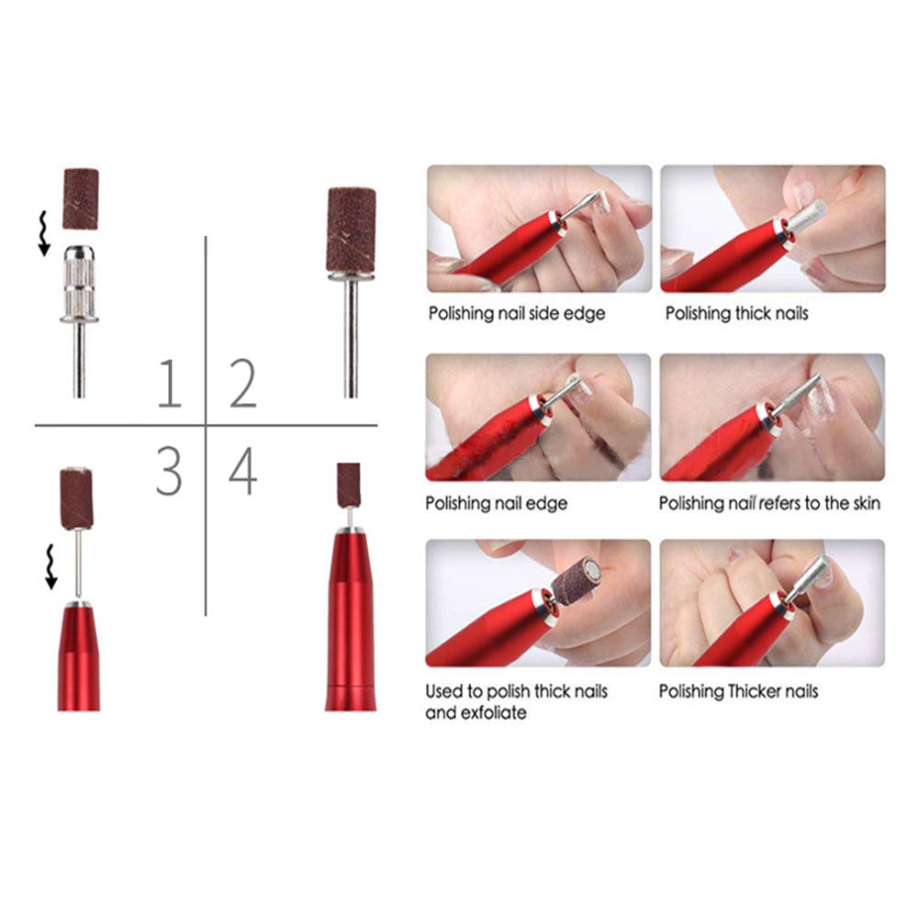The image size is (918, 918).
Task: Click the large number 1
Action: pos(171,384)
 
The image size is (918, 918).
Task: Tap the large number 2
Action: pos(243,384)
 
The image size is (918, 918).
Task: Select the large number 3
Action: pos(169,471)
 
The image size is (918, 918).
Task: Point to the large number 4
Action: pos(242,471)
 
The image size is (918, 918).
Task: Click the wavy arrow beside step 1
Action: pos(43,234)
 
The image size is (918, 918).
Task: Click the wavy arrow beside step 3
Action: pos(50,566)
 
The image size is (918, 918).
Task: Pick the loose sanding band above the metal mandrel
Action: pos(81,198)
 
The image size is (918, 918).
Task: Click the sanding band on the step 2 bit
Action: pos(351,229)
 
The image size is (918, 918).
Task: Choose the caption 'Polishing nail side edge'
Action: pos(516,314)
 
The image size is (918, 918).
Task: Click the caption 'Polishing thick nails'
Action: pos(736,314)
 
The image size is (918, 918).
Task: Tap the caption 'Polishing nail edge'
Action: pos(496,503)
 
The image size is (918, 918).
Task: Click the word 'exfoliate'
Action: pos(493,712)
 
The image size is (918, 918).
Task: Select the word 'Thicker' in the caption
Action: pos(754,691)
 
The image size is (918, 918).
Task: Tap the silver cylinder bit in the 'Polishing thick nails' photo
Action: pos(807,216)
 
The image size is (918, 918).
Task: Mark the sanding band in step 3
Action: pos(76,498)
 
